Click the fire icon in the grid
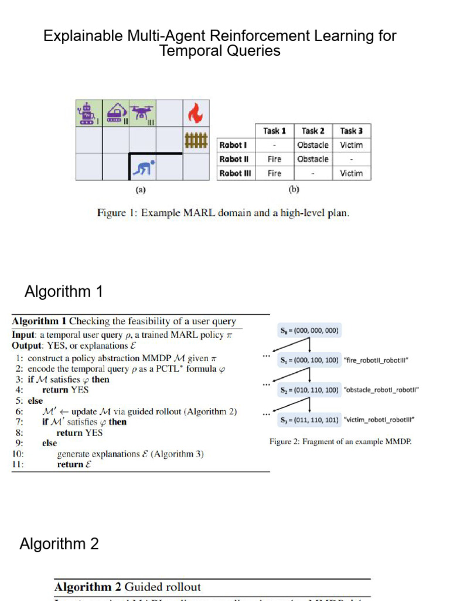[195, 113]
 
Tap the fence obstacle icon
[195, 140]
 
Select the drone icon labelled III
[142, 112]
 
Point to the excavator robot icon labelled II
[116, 112]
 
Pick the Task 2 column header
[313, 131]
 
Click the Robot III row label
[233, 173]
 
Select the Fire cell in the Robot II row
[274, 159]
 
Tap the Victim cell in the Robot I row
[351, 145]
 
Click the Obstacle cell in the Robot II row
[313, 159]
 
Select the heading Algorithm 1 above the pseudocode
[63, 291]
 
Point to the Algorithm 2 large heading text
[59, 544]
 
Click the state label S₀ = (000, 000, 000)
[309, 330]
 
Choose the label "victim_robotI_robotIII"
[379, 420]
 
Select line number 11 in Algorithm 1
[17, 464]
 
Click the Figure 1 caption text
[223, 213]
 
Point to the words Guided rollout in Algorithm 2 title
[162, 587]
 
